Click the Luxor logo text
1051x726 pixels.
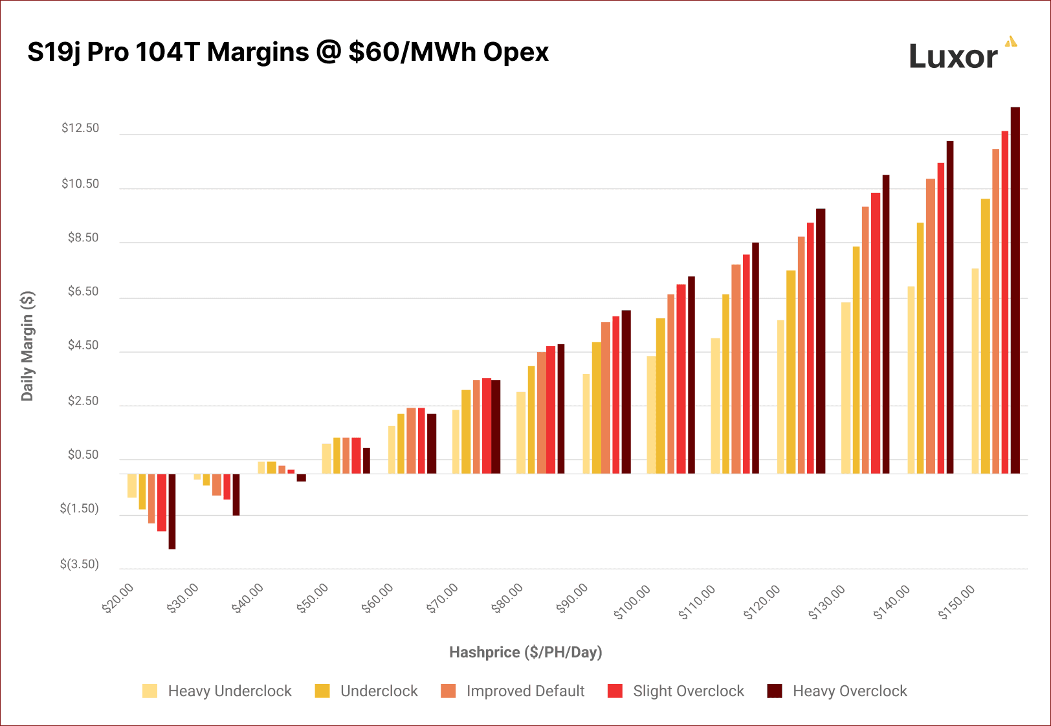953,57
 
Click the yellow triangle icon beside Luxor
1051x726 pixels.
1011,42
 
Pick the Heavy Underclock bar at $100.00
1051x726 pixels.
651,415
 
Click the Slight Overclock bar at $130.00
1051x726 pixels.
875,333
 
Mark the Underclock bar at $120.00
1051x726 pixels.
791,372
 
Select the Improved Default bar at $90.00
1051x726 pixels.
606,398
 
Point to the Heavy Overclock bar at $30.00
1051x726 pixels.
236,494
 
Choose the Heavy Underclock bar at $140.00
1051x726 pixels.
911,380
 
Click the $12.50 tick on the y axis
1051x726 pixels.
80,128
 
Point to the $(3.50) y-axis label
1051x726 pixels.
80,564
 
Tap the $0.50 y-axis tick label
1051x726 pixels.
83,455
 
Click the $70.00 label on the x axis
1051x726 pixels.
443,598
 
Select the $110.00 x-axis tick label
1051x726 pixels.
697,602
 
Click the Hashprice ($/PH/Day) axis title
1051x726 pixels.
525,652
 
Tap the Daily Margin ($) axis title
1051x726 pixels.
27,346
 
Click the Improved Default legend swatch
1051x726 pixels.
448,691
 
